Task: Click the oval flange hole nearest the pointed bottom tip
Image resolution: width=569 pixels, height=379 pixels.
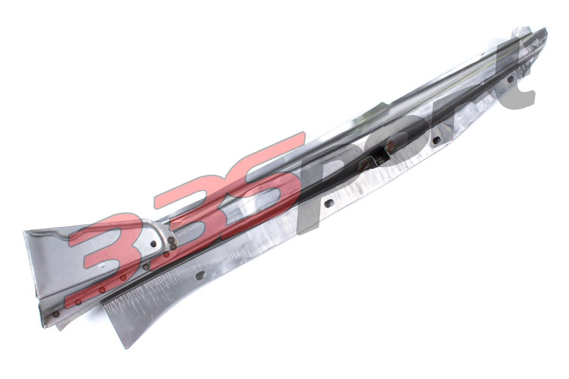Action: [x=202, y=274]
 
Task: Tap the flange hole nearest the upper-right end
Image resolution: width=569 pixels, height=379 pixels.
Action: [x=510, y=80]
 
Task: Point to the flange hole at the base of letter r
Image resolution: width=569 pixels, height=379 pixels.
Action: [x=437, y=139]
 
